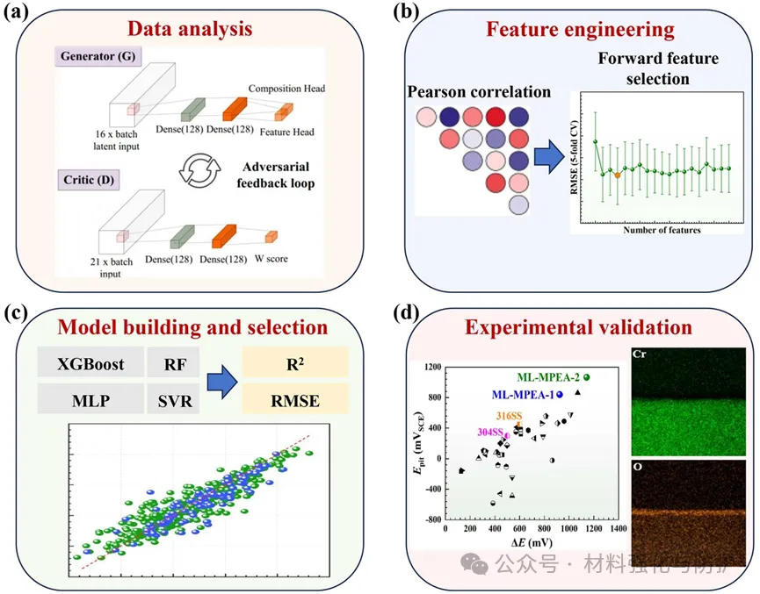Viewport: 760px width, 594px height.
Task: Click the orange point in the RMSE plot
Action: coord(618,175)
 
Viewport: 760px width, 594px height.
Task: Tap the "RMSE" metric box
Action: coord(296,402)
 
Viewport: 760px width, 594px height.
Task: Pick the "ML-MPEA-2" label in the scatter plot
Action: coord(546,377)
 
